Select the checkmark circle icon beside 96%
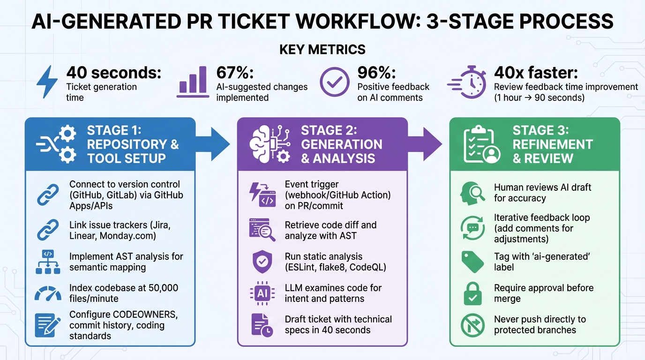[x=334, y=82]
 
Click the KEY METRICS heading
[x=322, y=49]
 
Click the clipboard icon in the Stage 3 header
[x=482, y=144]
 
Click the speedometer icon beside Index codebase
[x=48, y=293]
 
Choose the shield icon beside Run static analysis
[x=262, y=262]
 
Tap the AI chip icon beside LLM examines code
[x=262, y=293]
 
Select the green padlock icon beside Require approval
[x=472, y=293]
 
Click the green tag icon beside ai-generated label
[x=472, y=262]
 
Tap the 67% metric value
[x=234, y=73]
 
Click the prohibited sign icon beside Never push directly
[x=472, y=325]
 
